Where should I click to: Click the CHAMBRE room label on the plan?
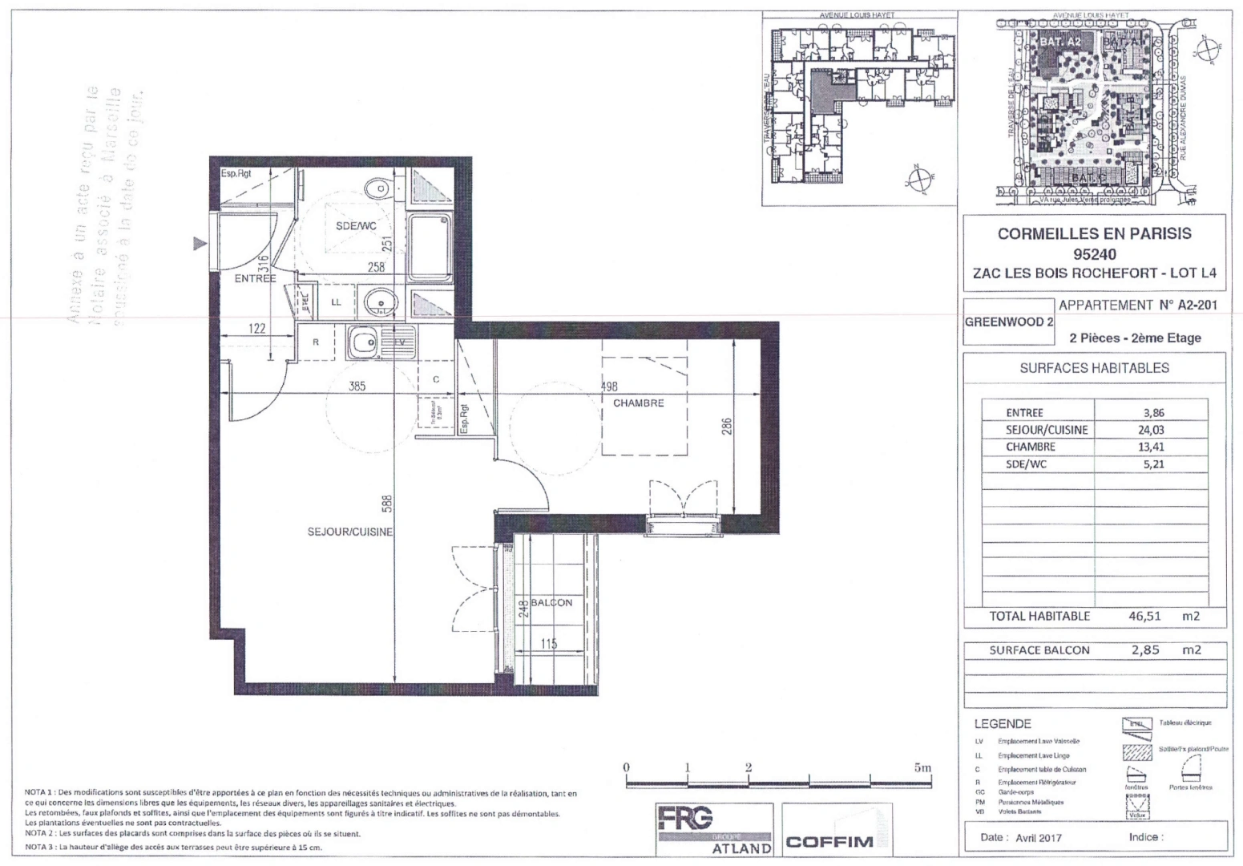pos(638,403)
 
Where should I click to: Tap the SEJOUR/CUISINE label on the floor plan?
pos(349,532)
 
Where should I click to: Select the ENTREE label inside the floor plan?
pos(255,279)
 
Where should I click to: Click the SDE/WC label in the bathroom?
pos(356,226)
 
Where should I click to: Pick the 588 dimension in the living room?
pos(387,504)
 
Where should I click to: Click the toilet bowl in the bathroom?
pos(373,190)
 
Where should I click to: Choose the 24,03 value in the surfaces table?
pos(1152,430)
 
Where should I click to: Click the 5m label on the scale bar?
pos(922,767)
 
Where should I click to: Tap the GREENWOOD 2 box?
pos(1008,322)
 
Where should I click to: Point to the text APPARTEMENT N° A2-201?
pos(1137,306)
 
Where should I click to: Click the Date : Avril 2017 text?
pos(1021,837)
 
